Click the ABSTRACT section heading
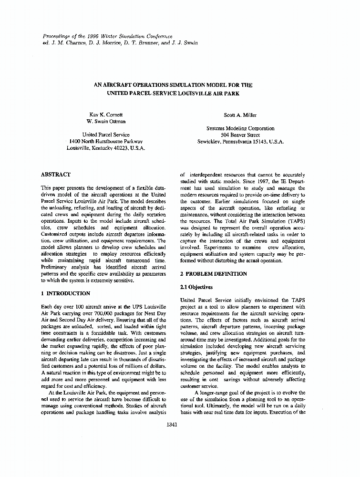tap(56, 175)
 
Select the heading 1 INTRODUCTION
tap(65, 293)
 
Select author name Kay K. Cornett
tap(106, 115)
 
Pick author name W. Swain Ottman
tap(106, 122)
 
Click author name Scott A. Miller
tap(240, 115)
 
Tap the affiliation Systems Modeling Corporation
tap(240, 128)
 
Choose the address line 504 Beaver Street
tap(240, 135)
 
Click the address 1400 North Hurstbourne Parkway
tap(106, 142)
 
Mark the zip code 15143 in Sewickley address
tap(257, 142)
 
